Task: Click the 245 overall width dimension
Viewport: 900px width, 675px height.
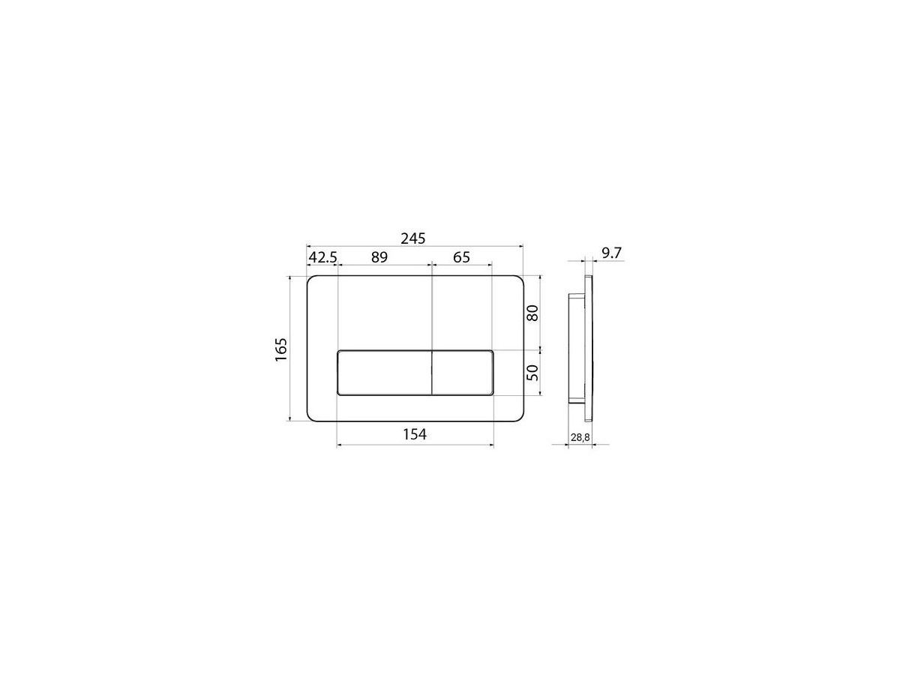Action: tap(413, 238)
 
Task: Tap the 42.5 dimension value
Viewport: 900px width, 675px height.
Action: tap(322, 257)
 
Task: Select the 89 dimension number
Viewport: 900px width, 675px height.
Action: tap(379, 257)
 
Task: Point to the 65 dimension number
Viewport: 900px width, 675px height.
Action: tap(461, 257)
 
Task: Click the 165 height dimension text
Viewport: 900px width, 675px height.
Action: tap(281, 349)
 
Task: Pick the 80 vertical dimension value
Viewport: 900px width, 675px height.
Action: tap(532, 313)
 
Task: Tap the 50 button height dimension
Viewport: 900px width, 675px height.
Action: tap(532, 373)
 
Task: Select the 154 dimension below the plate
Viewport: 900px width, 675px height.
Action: tap(415, 434)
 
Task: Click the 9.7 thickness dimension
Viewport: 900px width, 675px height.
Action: tap(611, 253)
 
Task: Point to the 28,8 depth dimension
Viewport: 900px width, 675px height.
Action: tap(580, 438)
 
